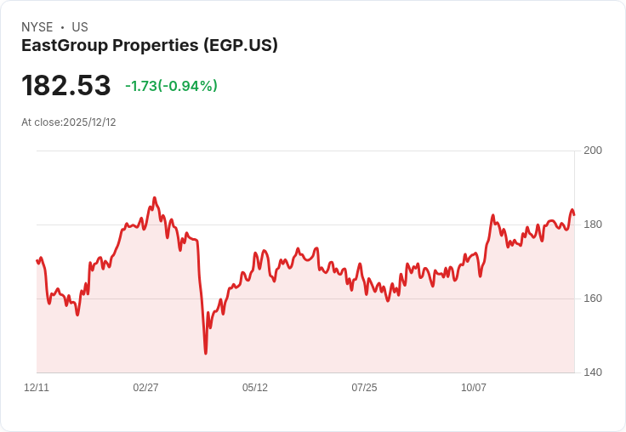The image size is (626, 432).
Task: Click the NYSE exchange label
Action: coord(37,27)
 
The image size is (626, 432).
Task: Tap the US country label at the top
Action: coord(80,27)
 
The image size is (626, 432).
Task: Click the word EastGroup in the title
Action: coord(65,46)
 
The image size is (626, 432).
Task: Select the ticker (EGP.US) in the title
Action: coord(241,46)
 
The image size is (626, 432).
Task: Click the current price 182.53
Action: coord(66,86)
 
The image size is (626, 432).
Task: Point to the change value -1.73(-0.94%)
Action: coord(171,86)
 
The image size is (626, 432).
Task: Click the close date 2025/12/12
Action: coord(89,122)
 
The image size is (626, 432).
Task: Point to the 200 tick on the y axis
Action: coord(593,151)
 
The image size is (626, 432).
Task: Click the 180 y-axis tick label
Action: coord(593,225)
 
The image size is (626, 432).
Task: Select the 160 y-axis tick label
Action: coord(593,298)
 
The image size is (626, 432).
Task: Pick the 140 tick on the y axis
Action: coord(593,372)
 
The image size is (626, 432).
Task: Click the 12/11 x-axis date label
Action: coord(37,388)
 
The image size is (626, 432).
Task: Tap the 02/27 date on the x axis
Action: coord(145,388)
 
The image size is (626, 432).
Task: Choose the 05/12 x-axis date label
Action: coord(255,388)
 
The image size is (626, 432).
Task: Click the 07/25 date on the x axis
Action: coord(364,388)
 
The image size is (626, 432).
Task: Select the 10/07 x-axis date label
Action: coord(474,388)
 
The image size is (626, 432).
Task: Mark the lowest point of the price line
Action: coord(206,353)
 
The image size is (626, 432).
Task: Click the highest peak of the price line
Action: coord(154,198)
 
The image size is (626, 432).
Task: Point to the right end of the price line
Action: coord(574,213)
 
